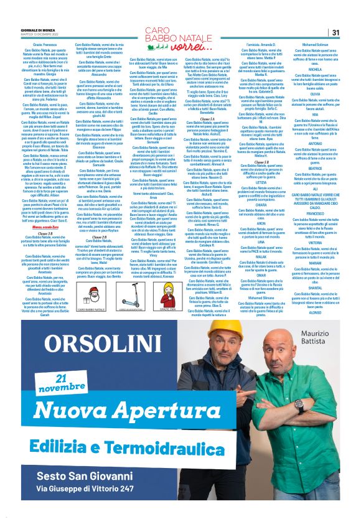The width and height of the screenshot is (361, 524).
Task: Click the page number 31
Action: pos(335,32)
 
